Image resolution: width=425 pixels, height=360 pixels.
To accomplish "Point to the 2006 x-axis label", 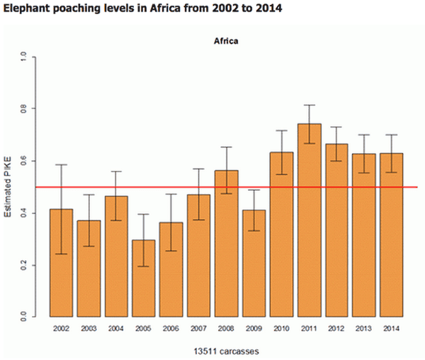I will pyautogui.click(x=171, y=327).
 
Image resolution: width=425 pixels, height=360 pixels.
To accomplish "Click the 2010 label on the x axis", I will pyautogui.click(x=282, y=327).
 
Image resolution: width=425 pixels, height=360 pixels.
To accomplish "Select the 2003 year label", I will pyautogui.click(x=89, y=327).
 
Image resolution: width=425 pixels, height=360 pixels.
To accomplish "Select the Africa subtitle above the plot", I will pyautogui.click(x=226, y=41).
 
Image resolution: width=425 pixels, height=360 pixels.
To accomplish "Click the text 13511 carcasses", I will pyautogui.click(x=226, y=349).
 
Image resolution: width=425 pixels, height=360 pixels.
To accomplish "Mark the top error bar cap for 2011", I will pyautogui.click(x=310, y=105).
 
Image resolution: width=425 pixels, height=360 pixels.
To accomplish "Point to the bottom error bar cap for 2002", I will pyautogui.click(x=61, y=254).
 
